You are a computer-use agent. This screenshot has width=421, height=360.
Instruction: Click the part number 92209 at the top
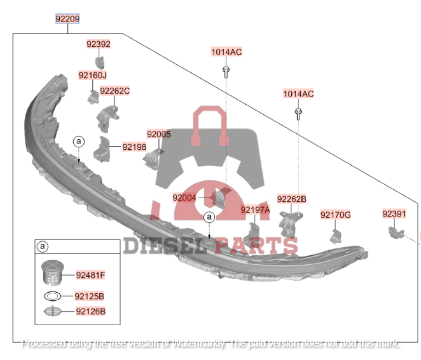click(x=68, y=19)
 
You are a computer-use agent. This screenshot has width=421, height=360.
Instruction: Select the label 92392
click(x=99, y=44)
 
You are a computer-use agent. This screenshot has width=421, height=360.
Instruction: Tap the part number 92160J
click(x=93, y=75)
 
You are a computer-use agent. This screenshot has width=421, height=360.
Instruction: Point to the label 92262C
click(x=115, y=91)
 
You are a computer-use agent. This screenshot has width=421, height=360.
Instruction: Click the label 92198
click(x=134, y=147)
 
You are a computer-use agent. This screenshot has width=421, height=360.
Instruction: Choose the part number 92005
click(x=159, y=135)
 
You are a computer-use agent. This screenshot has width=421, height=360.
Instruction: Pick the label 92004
click(x=184, y=197)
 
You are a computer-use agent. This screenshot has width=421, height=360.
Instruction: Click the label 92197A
click(x=256, y=209)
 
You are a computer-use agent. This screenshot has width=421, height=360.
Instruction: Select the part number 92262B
click(x=291, y=199)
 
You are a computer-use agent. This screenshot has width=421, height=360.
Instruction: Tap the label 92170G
click(x=336, y=215)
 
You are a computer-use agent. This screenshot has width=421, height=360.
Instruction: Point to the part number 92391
click(x=394, y=214)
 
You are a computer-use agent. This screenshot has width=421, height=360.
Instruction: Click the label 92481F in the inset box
click(x=90, y=276)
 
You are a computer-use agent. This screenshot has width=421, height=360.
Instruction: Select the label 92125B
click(x=90, y=296)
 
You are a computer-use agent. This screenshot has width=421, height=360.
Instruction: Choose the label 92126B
click(x=90, y=312)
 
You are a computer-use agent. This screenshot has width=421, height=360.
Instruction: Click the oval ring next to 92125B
click(x=53, y=296)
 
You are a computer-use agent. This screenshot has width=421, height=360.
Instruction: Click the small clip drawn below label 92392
click(x=100, y=62)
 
